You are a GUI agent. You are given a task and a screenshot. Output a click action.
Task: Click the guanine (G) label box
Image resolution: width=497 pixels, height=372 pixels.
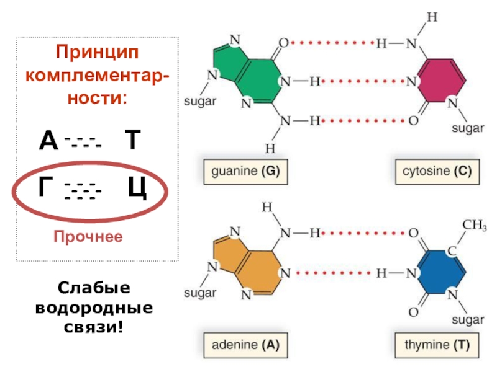click(246, 172)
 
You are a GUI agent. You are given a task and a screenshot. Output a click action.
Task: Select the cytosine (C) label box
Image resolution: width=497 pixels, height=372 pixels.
click(437, 172)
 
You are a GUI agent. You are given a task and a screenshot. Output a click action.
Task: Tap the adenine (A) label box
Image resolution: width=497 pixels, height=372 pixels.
click(246, 344)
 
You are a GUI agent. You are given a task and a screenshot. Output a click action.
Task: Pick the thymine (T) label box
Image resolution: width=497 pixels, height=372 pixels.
click(437, 344)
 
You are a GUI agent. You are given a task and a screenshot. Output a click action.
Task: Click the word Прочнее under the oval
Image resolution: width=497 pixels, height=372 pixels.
click(88, 237)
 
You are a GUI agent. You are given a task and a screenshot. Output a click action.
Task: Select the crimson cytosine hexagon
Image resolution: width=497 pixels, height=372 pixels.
click(442, 81)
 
